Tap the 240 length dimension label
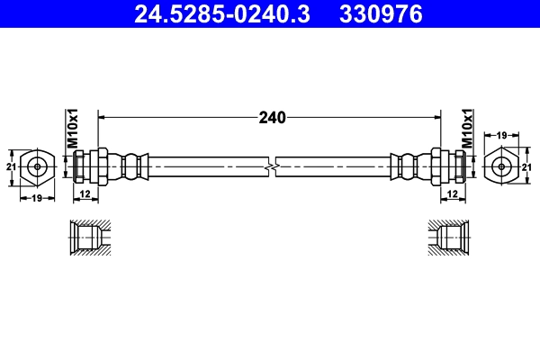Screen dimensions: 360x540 pyautogui.click(x=271, y=117)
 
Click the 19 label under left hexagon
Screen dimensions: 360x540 pyautogui.click(x=37, y=198)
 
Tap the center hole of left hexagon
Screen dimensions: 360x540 pyautogui.click(x=37, y=166)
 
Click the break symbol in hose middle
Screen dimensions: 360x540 pyautogui.click(x=271, y=166)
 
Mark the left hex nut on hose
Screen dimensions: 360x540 pyautogui.click(x=101, y=166)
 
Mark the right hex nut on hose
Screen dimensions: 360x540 pyautogui.click(x=439, y=166)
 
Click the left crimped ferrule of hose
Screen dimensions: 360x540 pyautogui.click(x=133, y=166)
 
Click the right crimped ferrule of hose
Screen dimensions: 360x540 pyautogui.click(x=407, y=166)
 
